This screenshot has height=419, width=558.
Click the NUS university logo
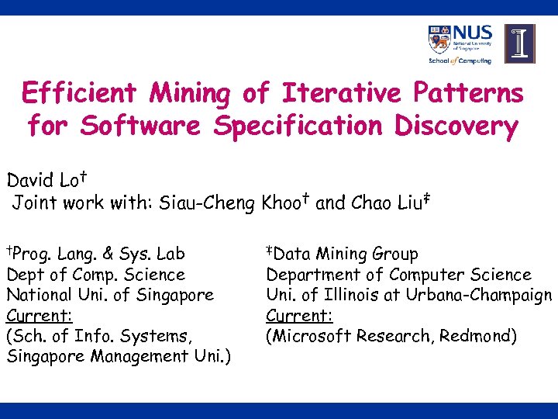coord(460,44)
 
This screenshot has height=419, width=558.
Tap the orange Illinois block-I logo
coord(519,43)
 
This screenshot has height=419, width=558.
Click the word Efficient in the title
coord(79,94)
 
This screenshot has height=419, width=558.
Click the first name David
coord(29,182)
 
